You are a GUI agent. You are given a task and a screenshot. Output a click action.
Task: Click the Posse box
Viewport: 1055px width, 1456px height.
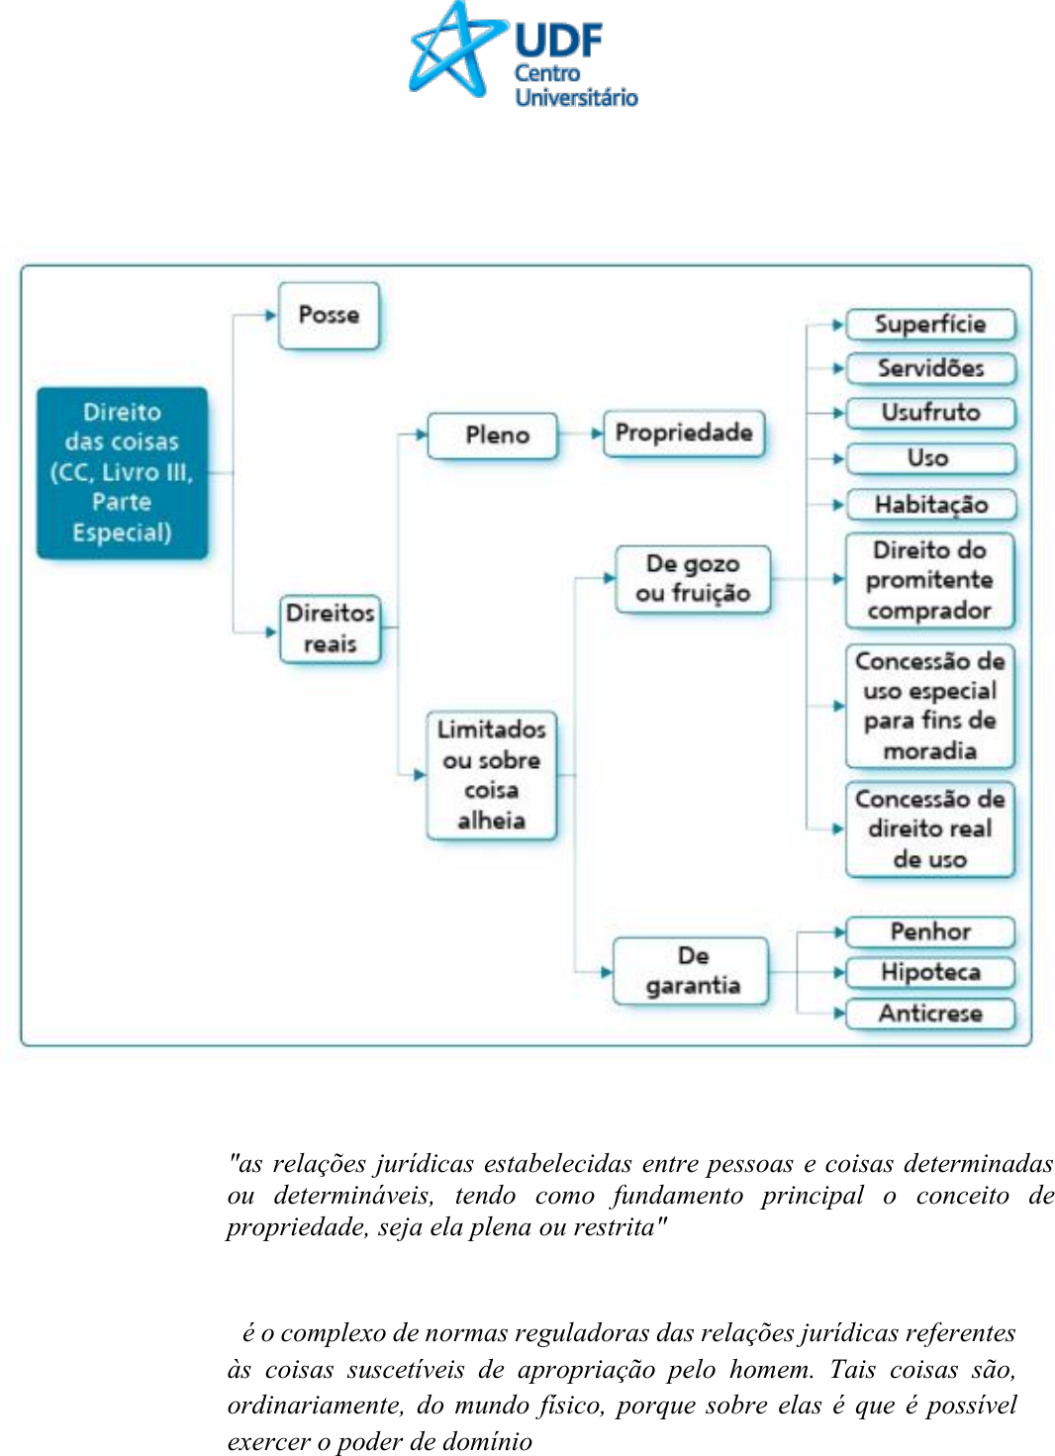coord(329,316)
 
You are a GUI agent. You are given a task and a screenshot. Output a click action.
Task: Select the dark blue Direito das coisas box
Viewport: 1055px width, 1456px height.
coord(123,473)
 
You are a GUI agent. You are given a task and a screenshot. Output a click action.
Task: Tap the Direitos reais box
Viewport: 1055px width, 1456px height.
coord(330,629)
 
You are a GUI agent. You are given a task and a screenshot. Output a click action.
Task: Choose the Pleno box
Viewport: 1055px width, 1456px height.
coord(493,436)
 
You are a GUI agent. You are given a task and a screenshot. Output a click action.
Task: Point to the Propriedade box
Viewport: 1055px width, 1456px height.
coord(684,434)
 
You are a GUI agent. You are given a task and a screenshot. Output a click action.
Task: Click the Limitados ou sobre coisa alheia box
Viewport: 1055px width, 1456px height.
coord(491,775)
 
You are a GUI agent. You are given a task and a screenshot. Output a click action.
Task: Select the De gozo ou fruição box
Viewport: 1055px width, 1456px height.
coord(693,579)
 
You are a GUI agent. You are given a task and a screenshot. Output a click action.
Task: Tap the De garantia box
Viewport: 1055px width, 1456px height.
coord(692,971)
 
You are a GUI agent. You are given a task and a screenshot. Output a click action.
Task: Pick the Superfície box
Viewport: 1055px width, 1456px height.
coord(930,325)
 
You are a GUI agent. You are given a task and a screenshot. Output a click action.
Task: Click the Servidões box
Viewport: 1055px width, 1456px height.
coord(930,369)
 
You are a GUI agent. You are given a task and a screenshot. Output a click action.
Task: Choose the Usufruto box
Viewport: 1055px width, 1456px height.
coord(930,413)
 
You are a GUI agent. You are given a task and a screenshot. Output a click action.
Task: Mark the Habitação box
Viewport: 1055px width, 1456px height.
coord(930,505)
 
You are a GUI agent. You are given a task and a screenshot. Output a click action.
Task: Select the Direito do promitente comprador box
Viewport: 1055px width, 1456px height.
coord(929,581)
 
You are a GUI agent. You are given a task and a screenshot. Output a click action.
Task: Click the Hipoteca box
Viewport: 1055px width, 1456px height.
coord(930,973)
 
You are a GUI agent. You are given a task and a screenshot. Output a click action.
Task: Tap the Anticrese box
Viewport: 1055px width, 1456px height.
coord(930,1014)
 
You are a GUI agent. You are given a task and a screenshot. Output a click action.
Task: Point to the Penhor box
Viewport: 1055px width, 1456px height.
coord(930,931)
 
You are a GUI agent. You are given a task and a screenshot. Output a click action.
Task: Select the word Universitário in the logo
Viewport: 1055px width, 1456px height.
coord(576,97)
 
